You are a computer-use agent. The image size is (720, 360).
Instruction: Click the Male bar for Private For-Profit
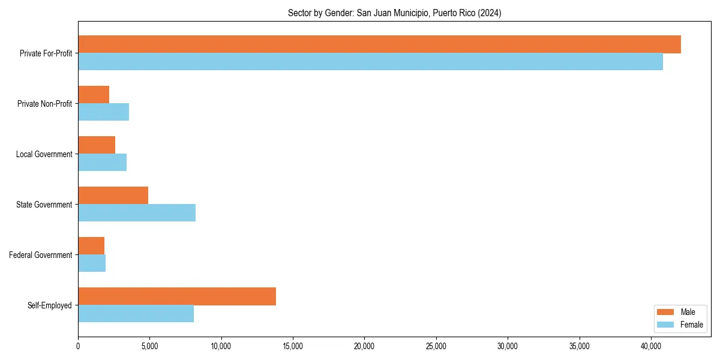point(379,44)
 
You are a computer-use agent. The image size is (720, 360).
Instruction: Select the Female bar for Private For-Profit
point(370,62)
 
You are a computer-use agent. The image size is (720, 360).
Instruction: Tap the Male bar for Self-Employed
point(177,296)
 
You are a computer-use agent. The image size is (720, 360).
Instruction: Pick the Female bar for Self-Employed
point(136,314)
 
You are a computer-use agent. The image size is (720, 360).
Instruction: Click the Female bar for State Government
point(137,213)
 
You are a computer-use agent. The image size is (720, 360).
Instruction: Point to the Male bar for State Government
point(113,196)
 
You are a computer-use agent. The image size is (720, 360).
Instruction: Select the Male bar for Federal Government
point(91,246)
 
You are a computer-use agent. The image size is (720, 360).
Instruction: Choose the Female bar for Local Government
point(102,163)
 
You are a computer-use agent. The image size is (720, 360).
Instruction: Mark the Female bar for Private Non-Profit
point(103,112)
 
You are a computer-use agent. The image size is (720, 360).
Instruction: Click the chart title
point(394,13)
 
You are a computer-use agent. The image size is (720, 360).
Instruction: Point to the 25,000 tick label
point(436,346)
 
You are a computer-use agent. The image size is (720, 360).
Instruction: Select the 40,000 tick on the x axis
point(651,346)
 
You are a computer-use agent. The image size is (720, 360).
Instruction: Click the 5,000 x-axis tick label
point(149,346)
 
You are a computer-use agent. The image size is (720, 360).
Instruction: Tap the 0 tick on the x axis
point(78,346)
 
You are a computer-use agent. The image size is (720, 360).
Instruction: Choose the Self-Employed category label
point(50,305)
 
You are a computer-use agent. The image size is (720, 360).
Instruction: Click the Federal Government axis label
point(41,255)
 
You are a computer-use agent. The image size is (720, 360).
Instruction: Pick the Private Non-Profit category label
point(44,104)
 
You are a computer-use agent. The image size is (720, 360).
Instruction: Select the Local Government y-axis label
point(44,154)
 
